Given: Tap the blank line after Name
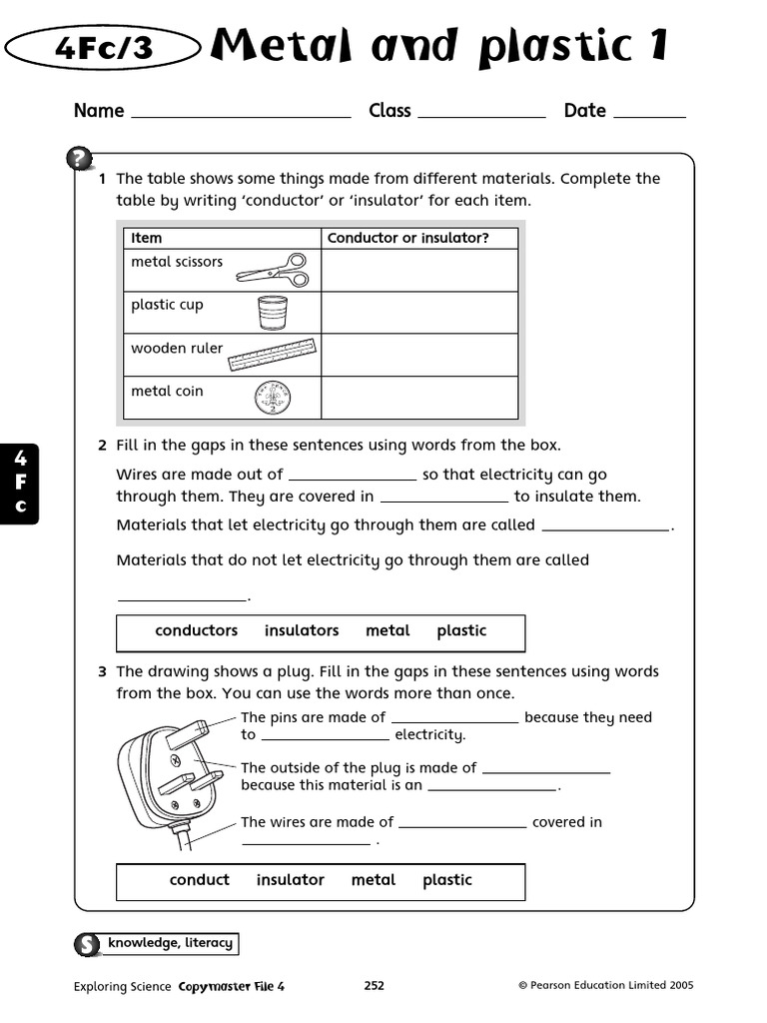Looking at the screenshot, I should (241, 112).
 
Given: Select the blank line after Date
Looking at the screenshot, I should (649, 112).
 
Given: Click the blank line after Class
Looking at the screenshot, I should (481, 112).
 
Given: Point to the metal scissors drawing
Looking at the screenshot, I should (273, 269).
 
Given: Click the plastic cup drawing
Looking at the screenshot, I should (272, 312).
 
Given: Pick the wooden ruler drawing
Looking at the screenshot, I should (272, 355).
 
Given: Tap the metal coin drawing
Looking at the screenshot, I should (272, 399).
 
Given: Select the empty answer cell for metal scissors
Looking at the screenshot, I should (419, 270).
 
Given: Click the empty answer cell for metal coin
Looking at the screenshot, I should (419, 398).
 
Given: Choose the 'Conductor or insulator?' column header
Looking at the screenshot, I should (407, 238).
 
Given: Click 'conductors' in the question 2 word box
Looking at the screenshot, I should (197, 630).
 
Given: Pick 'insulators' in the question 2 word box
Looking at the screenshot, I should (302, 630).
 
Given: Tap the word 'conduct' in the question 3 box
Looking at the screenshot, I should (200, 880).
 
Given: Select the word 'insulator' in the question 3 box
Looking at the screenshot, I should (291, 880).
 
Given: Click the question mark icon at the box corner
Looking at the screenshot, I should (79, 159).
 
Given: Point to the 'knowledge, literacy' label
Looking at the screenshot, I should (170, 943).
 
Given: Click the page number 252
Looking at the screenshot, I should (374, 986).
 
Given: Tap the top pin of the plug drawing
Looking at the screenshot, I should (187, 734).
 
